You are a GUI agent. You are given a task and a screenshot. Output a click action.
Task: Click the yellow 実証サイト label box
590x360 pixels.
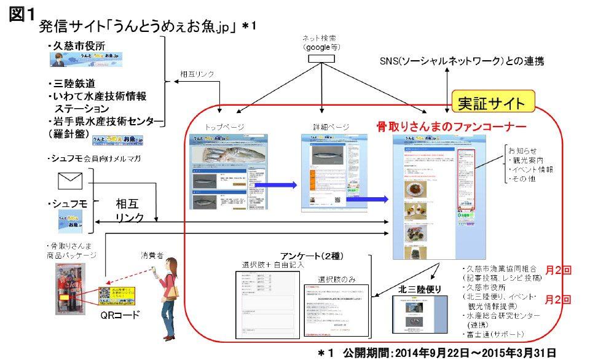point(493,102)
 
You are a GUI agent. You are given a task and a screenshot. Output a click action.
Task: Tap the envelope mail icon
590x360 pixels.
point(69,181)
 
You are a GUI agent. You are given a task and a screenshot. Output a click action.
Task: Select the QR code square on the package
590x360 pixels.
point(108,296)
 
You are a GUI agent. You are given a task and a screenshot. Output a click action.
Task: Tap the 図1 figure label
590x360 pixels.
point(20,15)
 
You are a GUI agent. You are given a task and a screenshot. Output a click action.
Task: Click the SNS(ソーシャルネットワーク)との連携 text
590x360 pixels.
point(462,61)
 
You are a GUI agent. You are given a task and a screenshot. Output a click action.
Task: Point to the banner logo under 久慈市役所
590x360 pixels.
point(87,59)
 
